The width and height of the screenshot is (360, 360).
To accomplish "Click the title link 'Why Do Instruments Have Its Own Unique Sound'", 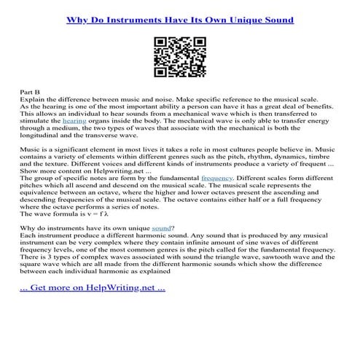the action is click(x=180, y=19).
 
